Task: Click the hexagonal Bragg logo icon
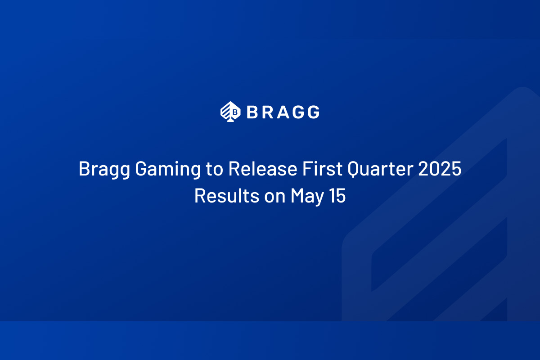pyautogui.click(x=230, y=112)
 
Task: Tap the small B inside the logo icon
pyautogui.click(x=235, y=112)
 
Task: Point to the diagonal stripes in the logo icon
pyautogui.click(x=226, y=110)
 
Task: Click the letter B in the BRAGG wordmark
pyautogui.click(x=252, y=112)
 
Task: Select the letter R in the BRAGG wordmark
pyautogui.click(x=268, y=112)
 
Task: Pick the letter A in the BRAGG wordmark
pyautogui.click(x=283, y=112)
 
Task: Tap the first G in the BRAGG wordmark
pyautogui.click(x=298, y=112)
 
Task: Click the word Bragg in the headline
pyautogui.click(x=104, y=170)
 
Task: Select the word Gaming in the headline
pyautogui.click(x=168, y=170)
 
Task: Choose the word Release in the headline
pyautogui.click(x=263, y=169)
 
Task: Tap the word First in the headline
pyautogui.click(x=322, y=169)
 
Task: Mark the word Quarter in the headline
pyautogui.click(x=380, y=169)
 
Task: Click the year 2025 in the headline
pyautogui.click(x=440, y=169)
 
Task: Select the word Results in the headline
pyautogui.click(x=227, y=196)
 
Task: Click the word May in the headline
pyautogui.click(x=307, y=197)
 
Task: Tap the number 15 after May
pyautogui.click(x=337, y=196)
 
